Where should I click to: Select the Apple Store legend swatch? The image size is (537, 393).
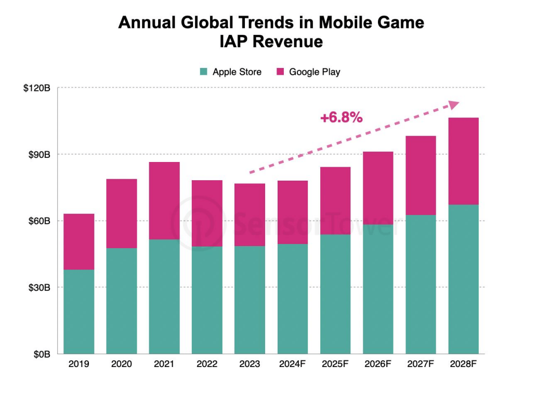click(x=204, y=72)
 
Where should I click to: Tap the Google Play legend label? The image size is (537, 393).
click(x=315, y=72)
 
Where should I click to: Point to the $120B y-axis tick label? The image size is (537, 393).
click(x=36, y=88)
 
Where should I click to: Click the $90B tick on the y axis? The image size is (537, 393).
click(x=38, y=155)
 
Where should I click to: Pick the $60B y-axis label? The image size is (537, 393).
click(x=38, y=221)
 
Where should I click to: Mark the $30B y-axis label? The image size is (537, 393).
click(x=38, y=288)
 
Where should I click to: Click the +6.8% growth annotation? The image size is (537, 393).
click(x=341, y=118)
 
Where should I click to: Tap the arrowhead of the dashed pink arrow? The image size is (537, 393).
click(x=453, y=105)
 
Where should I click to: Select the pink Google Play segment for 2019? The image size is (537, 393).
click(x=79, y=241)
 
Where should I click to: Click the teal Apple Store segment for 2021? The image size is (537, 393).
click(x=164, y=296)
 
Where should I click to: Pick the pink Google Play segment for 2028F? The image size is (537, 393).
click(x=463, y=161)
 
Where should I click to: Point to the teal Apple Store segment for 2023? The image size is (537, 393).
click(x=250, y=300)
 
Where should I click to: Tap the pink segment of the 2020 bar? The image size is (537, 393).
click(x=122, y=213)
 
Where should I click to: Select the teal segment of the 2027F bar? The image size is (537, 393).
click(x=421, y=284)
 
